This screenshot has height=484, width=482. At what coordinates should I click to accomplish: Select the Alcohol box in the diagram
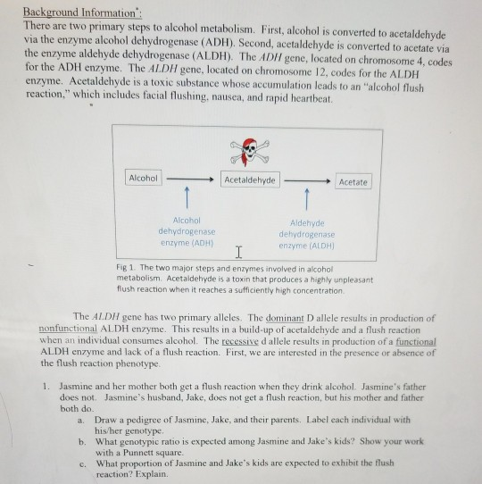tap(142, 179)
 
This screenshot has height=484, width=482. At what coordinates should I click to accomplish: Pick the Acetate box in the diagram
tap(353, 181)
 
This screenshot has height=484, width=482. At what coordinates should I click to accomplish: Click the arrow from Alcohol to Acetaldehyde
tap(189, 179)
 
